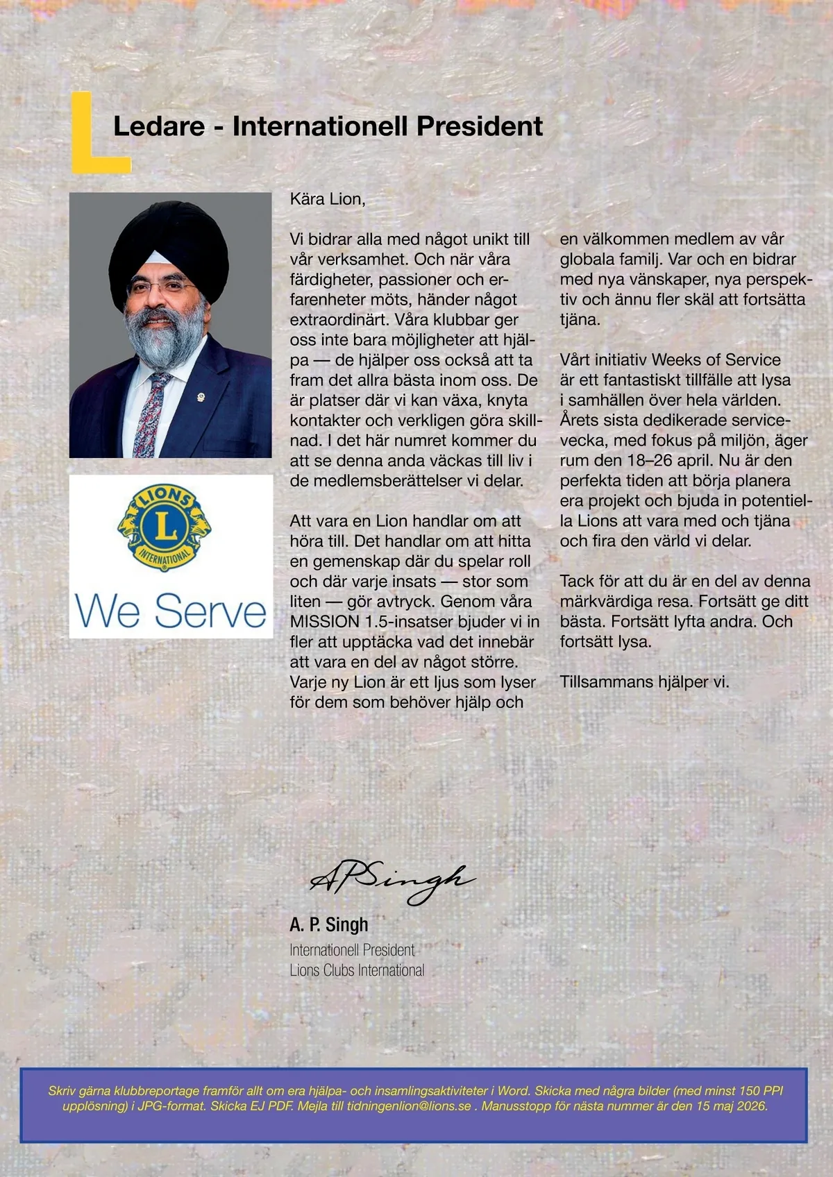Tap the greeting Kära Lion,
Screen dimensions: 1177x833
point(328,199)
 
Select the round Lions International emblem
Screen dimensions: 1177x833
point(165,527)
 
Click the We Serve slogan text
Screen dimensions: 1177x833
point(171,611)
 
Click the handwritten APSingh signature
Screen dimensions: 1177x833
point(392,881)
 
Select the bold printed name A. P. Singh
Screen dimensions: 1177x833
point(329,924)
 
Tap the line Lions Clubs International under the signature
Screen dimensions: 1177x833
point(357,970)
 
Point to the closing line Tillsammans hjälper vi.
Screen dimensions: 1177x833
point(644,681)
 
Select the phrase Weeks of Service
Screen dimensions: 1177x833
point(716,360)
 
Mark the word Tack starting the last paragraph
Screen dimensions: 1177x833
point(578,582)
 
